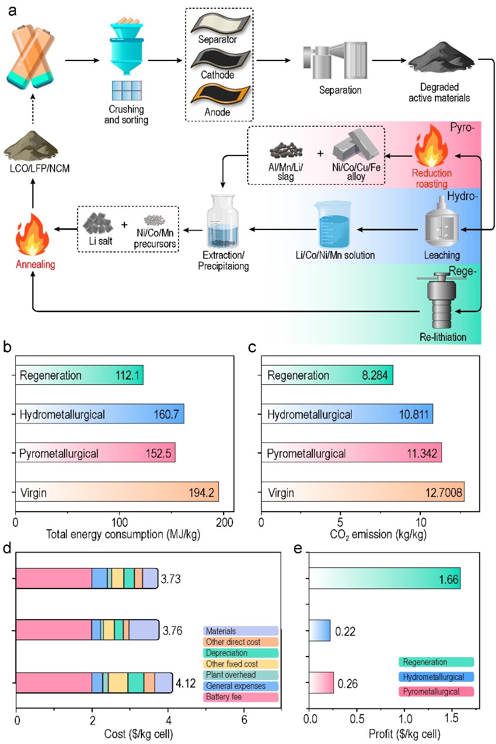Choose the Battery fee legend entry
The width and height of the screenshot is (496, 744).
(x=241, y=697)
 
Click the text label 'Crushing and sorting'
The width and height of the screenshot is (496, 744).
(x=126, y=114)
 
